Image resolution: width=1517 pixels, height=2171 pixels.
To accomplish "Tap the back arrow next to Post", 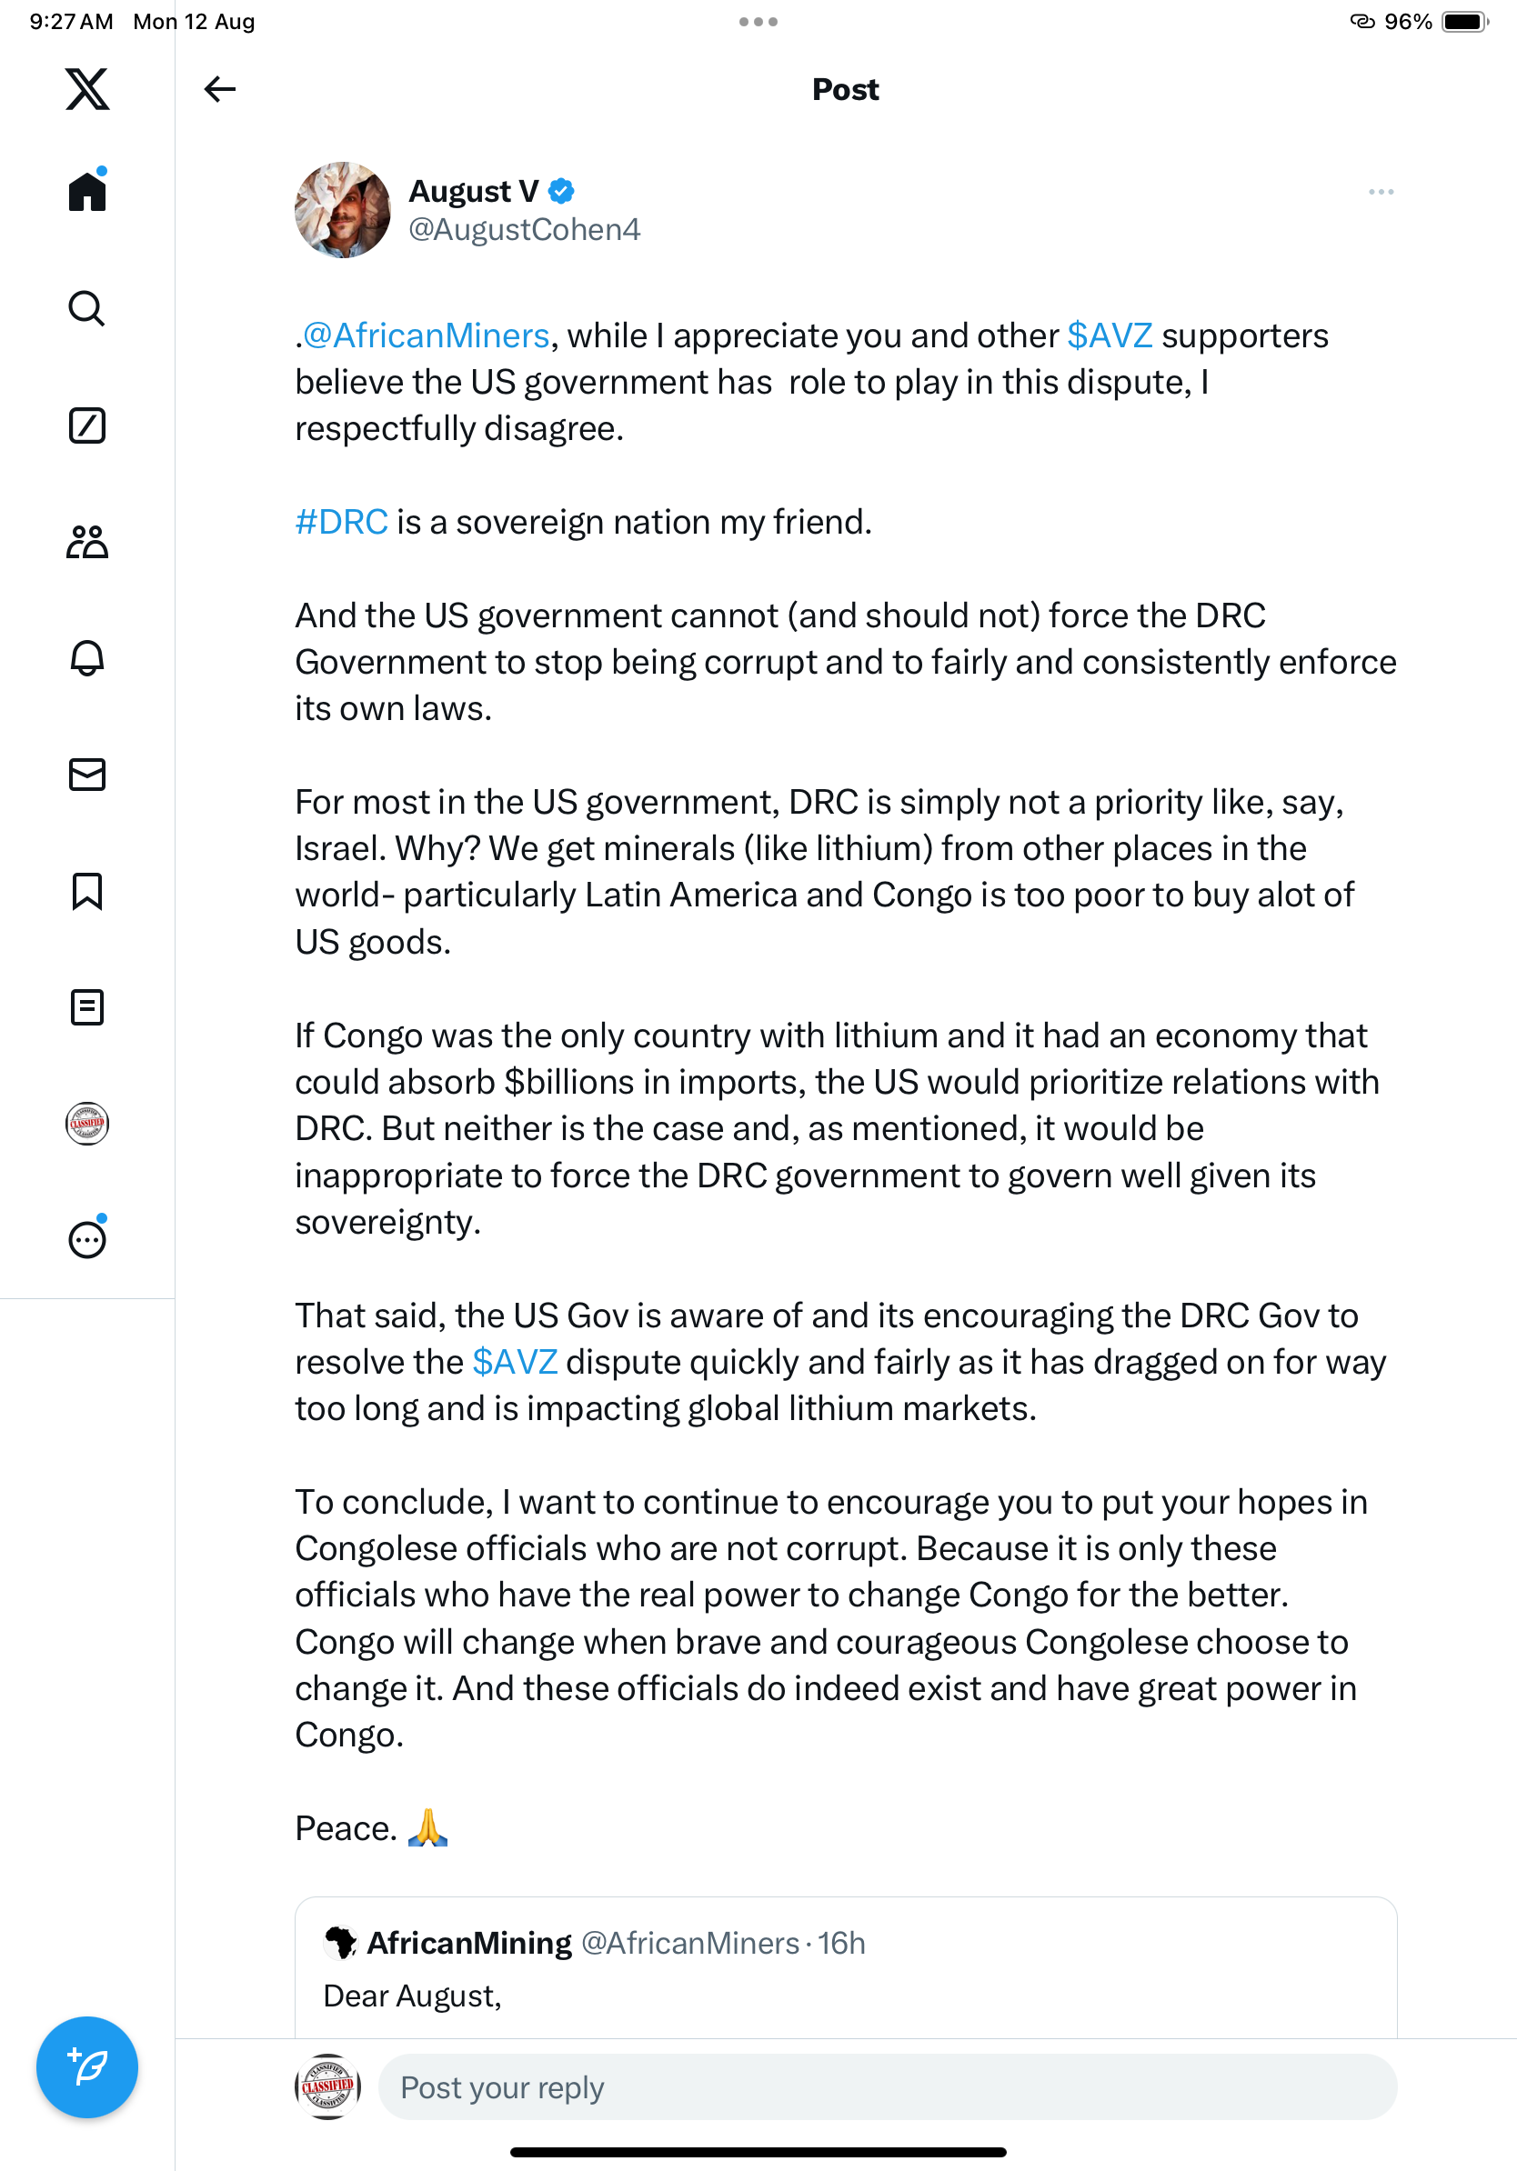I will (219, 89).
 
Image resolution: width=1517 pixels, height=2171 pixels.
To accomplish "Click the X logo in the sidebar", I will (87, 89).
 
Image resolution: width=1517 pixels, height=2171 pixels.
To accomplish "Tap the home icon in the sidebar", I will (87, 192).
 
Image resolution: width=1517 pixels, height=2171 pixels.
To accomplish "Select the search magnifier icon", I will (87, 308).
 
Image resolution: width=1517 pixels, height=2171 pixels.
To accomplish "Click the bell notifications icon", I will (87, 658).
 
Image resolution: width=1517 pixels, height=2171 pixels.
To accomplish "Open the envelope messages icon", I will (87, 775).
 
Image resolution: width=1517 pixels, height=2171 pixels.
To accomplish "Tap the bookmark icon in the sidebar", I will (87, 891).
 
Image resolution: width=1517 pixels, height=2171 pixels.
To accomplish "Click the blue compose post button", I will (87, 2067).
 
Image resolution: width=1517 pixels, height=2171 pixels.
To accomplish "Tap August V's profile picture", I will (342, 210).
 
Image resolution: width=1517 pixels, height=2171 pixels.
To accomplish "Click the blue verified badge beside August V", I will (561, 191).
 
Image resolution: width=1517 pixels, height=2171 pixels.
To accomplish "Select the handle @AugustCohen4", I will (524, 230).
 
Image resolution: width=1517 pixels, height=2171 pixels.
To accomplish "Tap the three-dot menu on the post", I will (1380, 192).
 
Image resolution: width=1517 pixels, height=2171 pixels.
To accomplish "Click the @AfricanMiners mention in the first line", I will (426, 335).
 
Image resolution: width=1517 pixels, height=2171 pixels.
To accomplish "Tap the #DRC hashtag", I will (341, 522).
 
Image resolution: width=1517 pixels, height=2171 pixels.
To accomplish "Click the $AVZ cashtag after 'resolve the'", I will (515, 1362).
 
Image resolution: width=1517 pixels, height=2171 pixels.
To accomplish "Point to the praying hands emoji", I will (427, 1827).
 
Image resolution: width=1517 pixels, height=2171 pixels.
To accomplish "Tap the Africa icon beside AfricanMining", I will (340, 1942).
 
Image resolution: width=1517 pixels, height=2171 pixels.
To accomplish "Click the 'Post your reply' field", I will (886, 2086).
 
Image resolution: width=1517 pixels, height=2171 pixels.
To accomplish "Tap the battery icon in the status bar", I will (1464, 22).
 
